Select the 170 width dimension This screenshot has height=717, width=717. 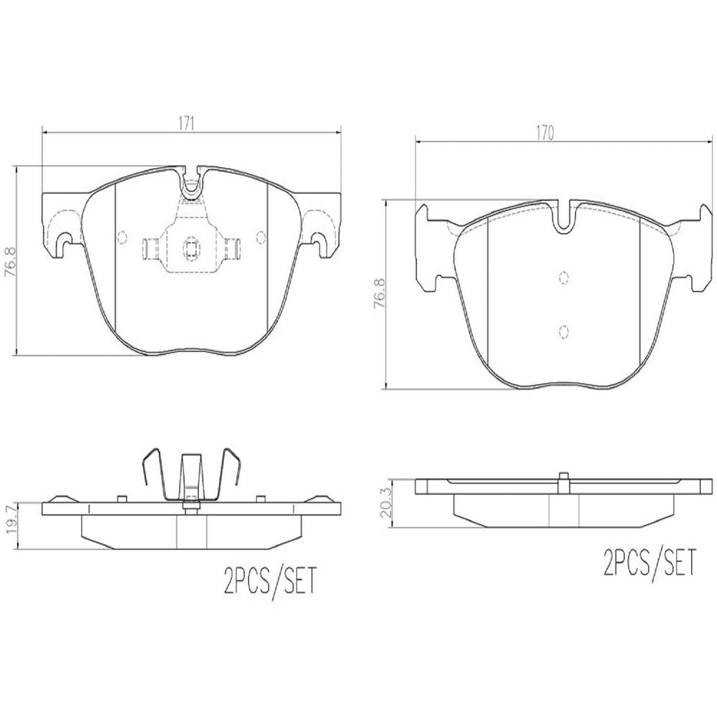click(x=545, y=132)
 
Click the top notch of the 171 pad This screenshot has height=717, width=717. click(x=191, y=182)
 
